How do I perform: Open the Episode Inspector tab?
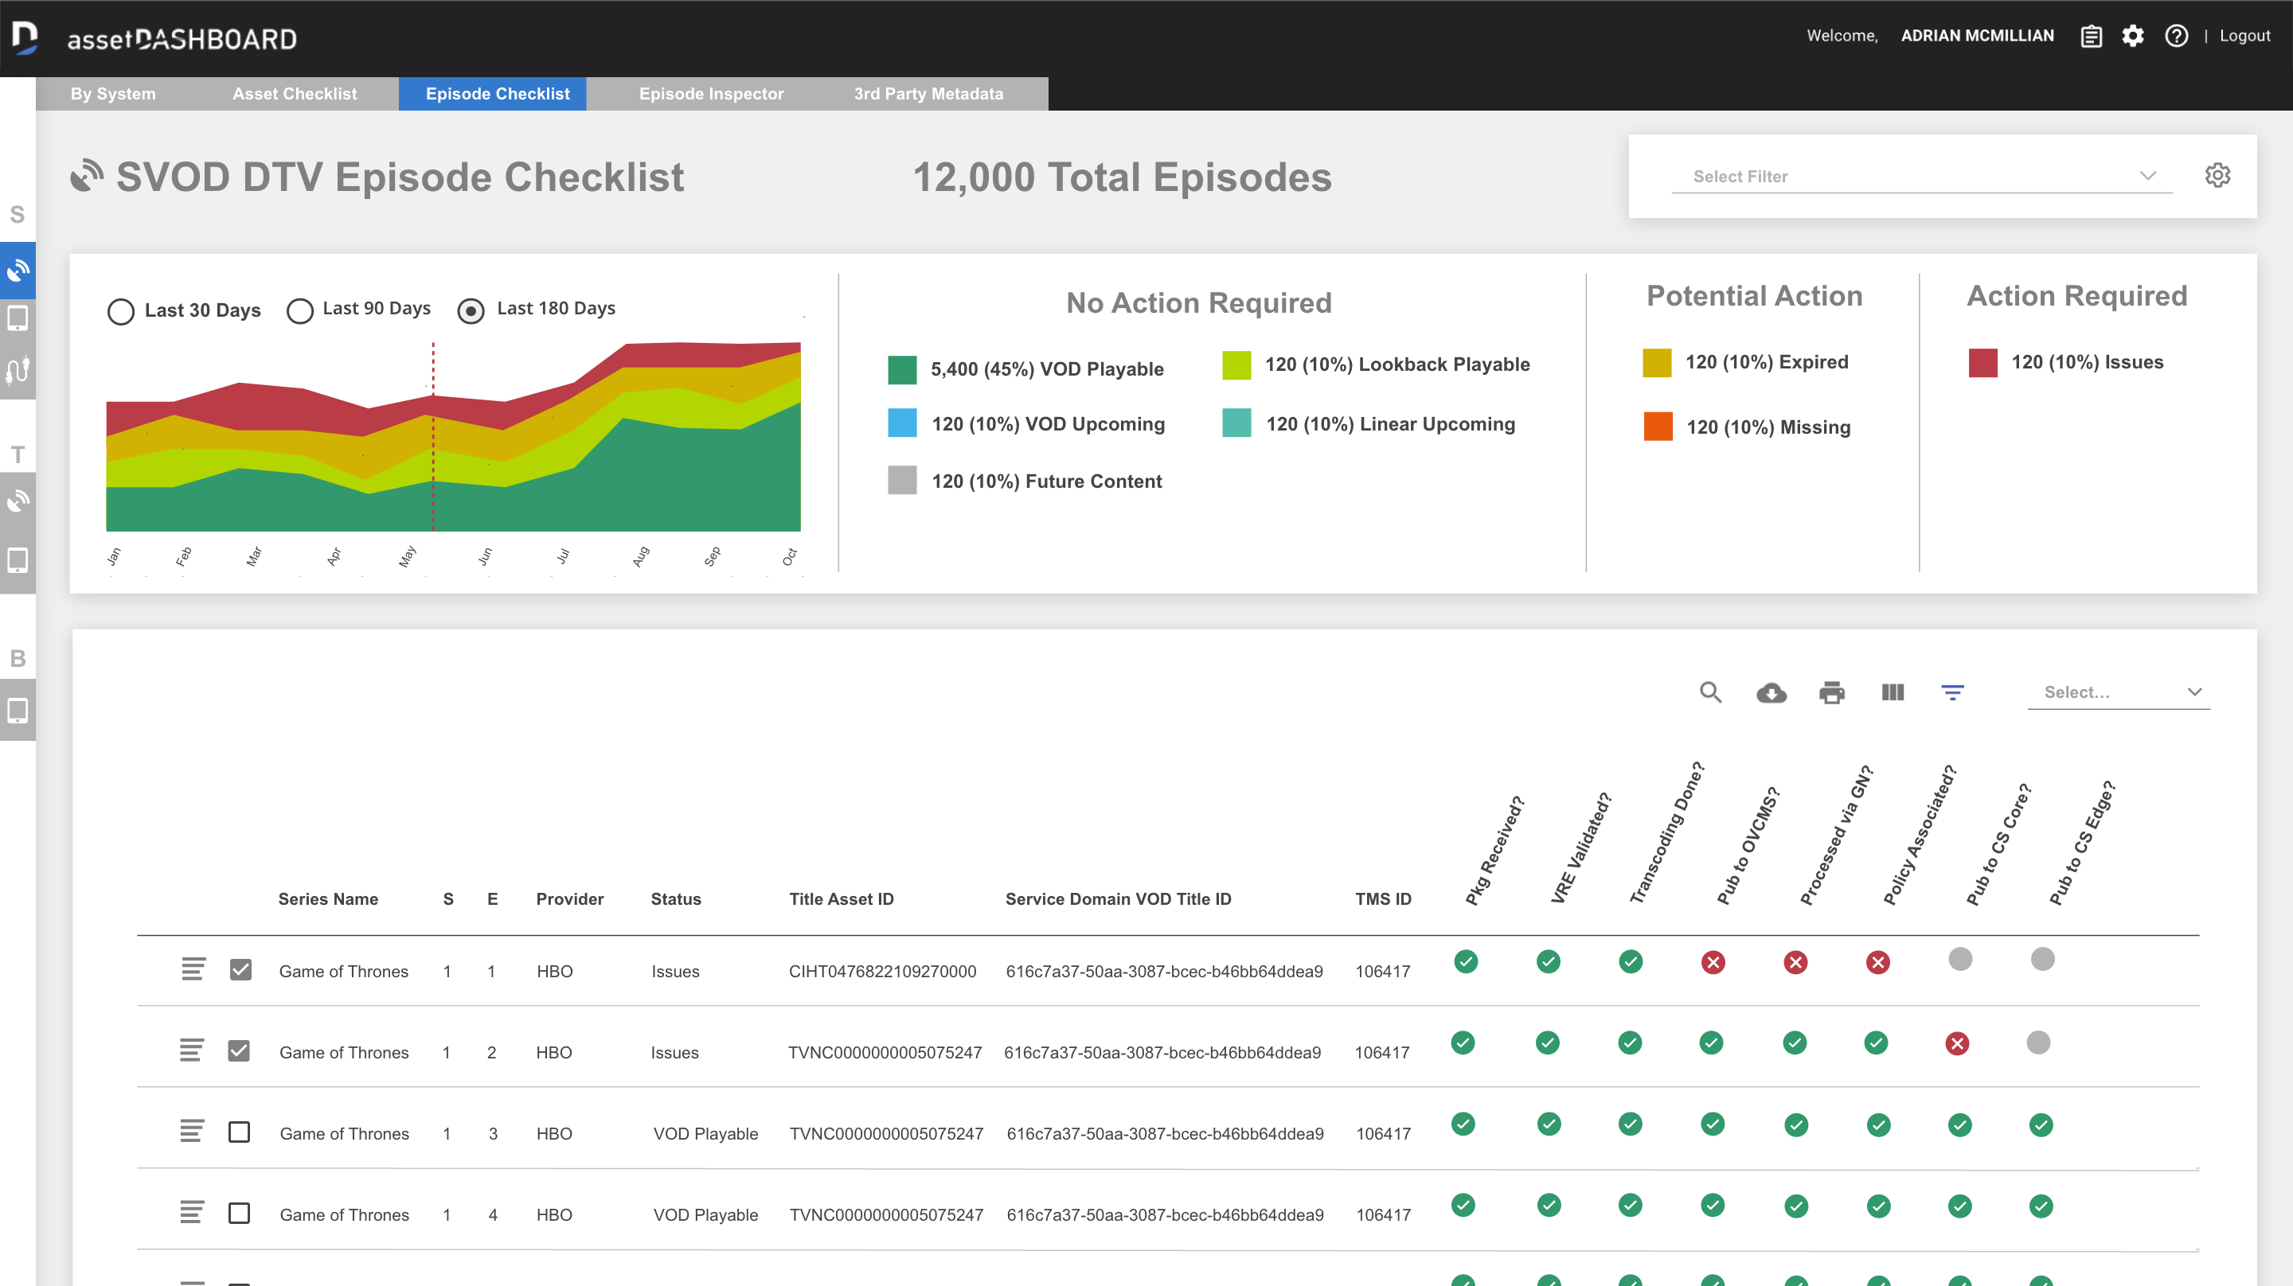710,93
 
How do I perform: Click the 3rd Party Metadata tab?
928,93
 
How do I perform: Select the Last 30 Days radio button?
121,310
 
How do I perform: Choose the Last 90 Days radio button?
300,310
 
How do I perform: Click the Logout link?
2244,36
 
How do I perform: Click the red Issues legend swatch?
1982,362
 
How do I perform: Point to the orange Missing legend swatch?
1658,427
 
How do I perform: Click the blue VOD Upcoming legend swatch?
902,423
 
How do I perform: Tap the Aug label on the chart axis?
640,557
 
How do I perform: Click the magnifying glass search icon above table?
1710,692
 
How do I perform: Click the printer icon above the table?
1831,692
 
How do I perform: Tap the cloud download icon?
1771,692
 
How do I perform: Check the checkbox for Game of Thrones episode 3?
239,1132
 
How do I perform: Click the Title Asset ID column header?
840,899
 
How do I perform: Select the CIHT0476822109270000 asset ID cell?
881,971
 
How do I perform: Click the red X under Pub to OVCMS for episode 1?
1713,962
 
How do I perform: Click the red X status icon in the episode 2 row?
1956,1043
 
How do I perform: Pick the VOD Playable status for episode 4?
705,1215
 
